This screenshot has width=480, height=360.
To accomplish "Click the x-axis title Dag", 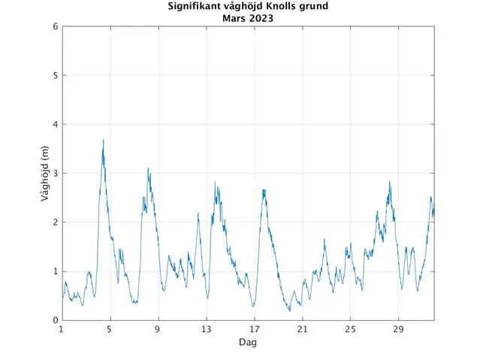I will pyautogui.click(x=248, y=343).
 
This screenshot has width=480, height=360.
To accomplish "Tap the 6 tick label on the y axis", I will pyautogui.click(x=55, y=26).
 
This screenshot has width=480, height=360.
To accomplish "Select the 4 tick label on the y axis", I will pyautogui.click(x=55, y=124).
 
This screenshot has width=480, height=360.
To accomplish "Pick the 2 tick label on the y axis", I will pyautogui.click(x=55, y=222).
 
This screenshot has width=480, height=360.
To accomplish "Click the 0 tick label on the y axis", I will pyautogui.click(x=55, y=320).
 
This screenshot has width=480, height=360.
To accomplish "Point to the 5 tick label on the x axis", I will pyautogui.click(x=110, y=329).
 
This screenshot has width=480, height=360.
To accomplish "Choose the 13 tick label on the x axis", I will pyautogui.click(x=206, y=329).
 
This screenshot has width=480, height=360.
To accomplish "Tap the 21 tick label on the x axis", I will pyautogui.click(x=302, y=329).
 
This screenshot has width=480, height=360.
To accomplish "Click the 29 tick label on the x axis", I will pyautogui.click(x=399, y=329).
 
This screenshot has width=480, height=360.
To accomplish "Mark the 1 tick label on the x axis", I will pyautogui.click(x=62, y=329).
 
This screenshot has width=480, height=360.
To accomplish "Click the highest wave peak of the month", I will pyautogui.click(x=104, y=141).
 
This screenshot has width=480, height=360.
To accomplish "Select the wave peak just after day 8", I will pyautogui.click(x=148, y=168).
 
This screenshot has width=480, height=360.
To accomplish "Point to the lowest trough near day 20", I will pyautogui.click(x=289, y=310).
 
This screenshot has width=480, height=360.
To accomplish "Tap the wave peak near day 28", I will pyautogui.click(x=390, y=182).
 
